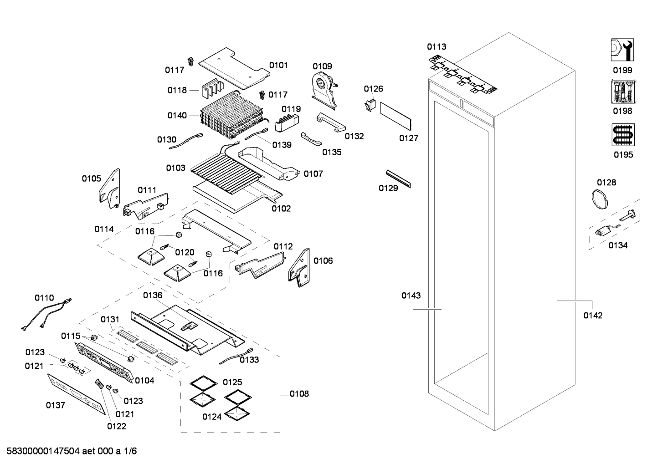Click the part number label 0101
pyautogui.click(x=278, y=65)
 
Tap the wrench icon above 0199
pyautogui.click(x=622, y=50)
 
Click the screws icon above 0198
pyautogui.click(x=622, y=92)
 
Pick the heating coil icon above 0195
pyautogui.click(x=623, y=135)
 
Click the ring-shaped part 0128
pyautogui.click(x=600, y=199)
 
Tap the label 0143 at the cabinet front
pyautogui.click(x=411, y=296)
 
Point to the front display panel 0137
pyautogui.click(x=77, y=394)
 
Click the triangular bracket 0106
pyautogui.click(x=299, y=267)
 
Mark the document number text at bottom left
pyautogui.click(x=72, y=451)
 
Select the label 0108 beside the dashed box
pyautogui.click(x=299, y=393)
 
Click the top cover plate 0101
pyautogui.click(x=232, y=67)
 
